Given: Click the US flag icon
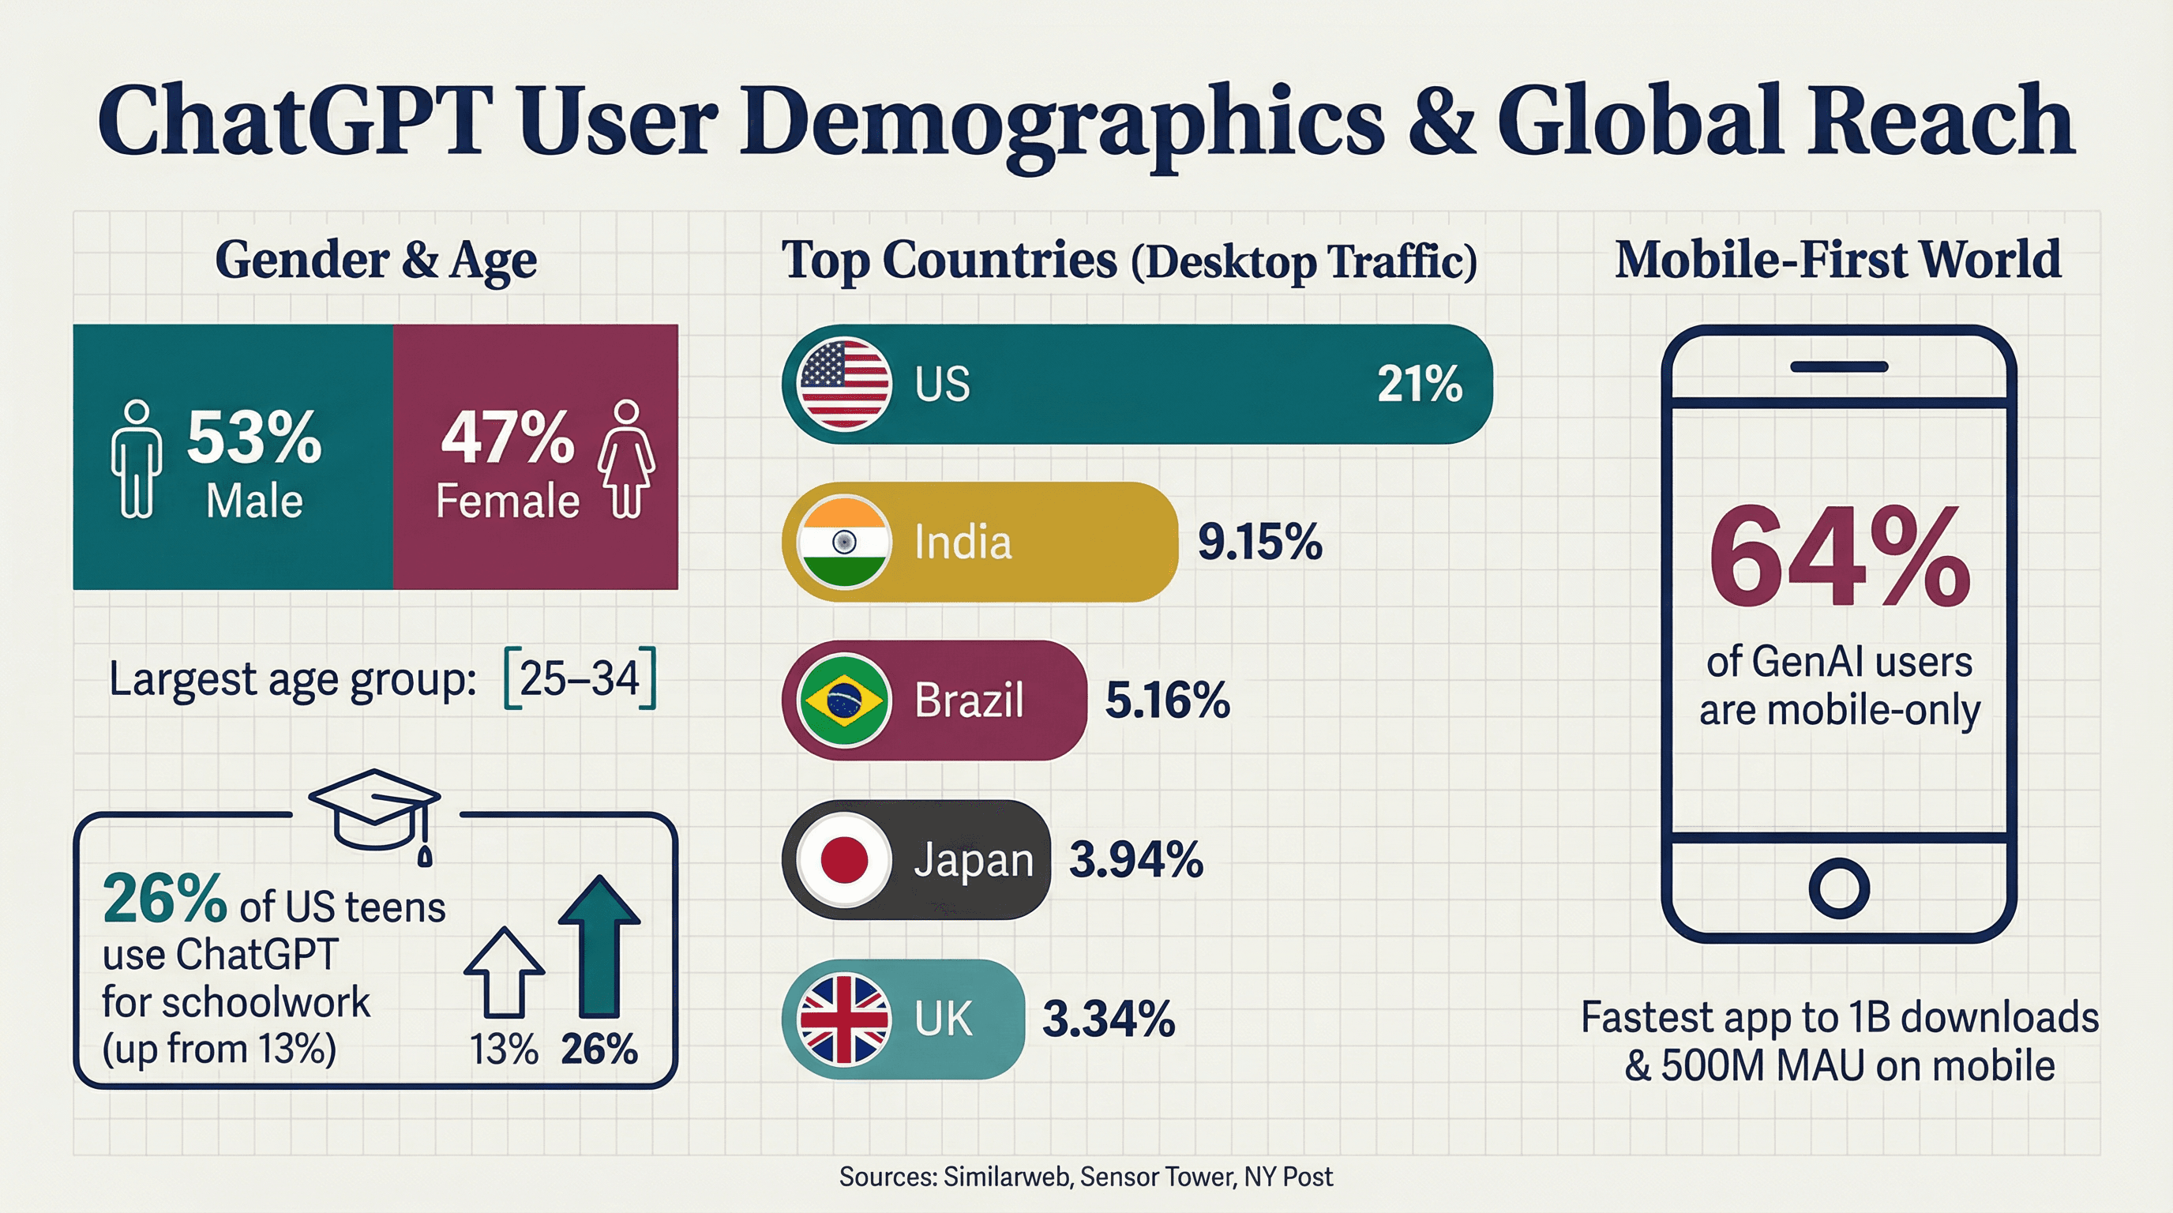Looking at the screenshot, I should (843, 384).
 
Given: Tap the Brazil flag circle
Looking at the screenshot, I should (843, 700).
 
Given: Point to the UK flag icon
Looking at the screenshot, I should (843, 1018).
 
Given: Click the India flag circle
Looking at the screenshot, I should (843, 542).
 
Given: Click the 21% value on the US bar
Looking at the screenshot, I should (1419, 384).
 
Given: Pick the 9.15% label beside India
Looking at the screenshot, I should (1259, 542).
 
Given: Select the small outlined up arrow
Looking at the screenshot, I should (505, 972).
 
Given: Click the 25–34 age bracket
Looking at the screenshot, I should (580, 678).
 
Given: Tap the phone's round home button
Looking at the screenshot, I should (1839, 888).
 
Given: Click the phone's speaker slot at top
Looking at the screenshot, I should (1839, 367).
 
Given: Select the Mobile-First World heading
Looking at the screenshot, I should (1837, 259).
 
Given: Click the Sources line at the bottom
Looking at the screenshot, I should (1086, 1177).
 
